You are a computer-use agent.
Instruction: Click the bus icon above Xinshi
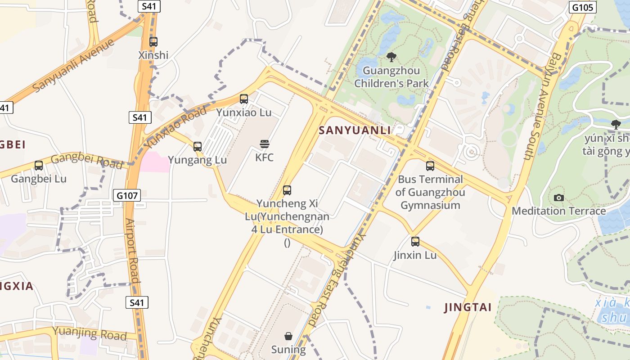153,42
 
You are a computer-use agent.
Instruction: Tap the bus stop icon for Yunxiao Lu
244,99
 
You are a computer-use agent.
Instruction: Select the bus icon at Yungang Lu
198,146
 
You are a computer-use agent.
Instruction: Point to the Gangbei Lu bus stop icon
39,166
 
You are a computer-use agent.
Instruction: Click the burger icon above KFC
265,144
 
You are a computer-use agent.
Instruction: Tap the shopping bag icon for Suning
288,336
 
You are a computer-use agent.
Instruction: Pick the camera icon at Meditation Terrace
559,198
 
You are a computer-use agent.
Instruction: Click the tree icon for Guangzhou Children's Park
391,57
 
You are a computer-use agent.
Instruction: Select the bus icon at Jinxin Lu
415,242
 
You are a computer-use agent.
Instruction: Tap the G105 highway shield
583,7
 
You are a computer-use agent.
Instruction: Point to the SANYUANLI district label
355,130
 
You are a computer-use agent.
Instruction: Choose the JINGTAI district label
468,307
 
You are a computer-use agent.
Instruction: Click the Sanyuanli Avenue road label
74,65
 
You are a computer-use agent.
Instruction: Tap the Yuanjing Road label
90,333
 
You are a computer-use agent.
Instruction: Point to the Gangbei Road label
86,161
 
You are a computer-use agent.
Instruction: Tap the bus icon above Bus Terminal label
430,166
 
